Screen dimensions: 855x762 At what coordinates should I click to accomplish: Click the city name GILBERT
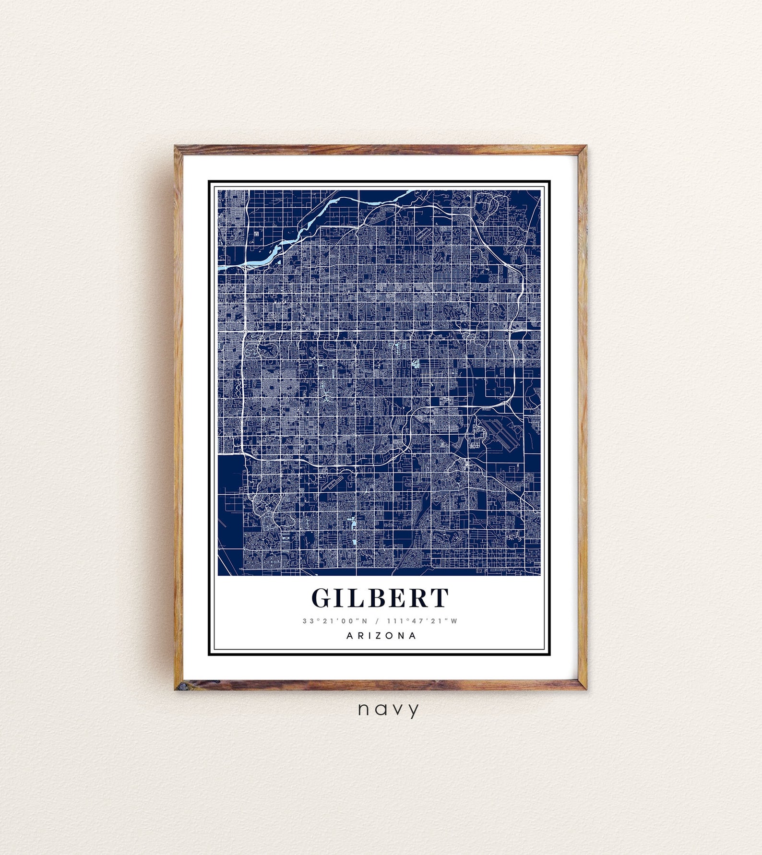tap(380, 598)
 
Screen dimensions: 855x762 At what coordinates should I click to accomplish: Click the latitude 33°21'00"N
tap(334, 621)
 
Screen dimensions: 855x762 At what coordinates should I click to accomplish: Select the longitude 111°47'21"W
tap(422, 621)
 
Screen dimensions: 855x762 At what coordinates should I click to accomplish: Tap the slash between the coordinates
tap(377, 621)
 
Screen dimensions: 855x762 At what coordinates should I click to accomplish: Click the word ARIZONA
tap(381, 636)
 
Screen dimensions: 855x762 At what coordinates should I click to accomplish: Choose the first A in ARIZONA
tap(350, 636)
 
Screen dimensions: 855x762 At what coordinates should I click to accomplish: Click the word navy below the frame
tap(388, 709)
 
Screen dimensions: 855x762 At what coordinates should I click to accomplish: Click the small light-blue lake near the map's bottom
tap(354, 521)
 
